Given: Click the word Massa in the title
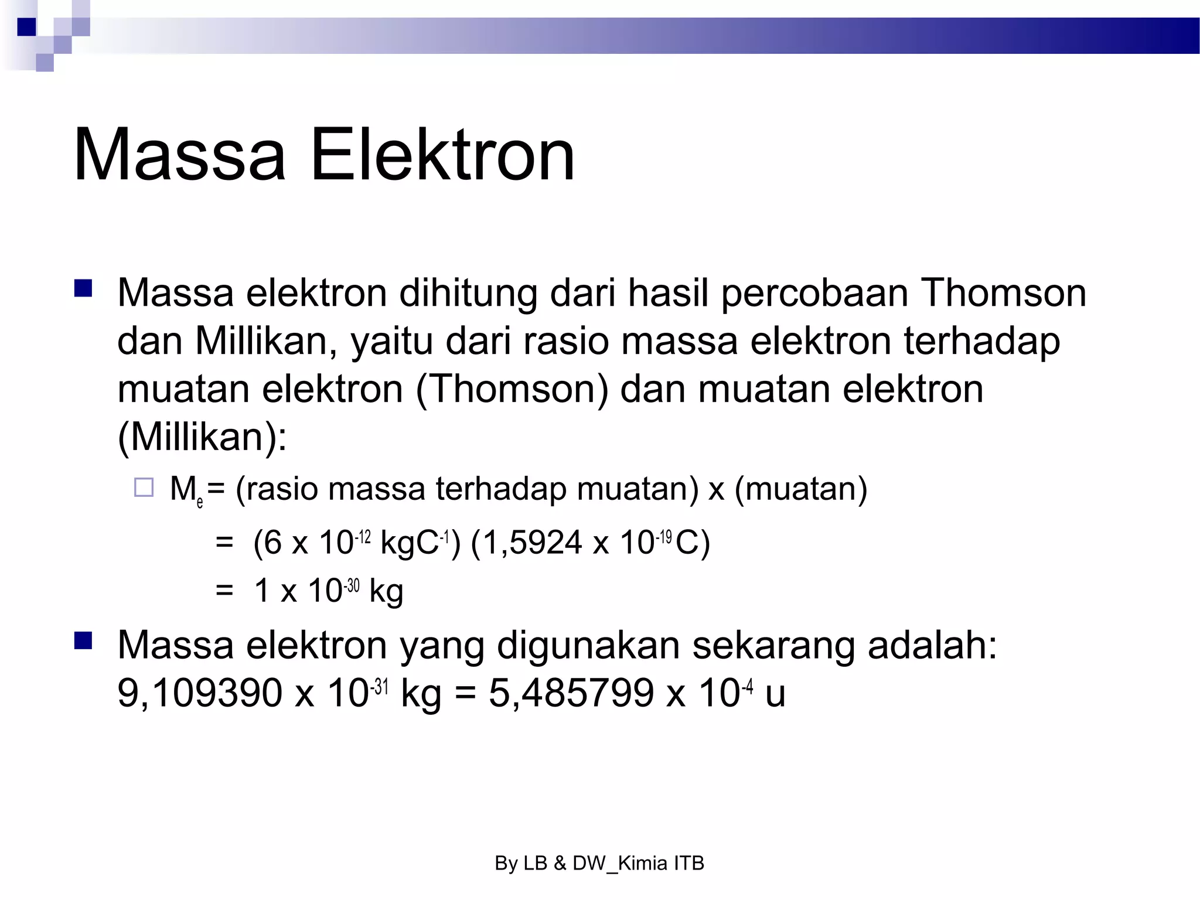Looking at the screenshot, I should (179, 155).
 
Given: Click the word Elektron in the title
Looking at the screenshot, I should (442, 155).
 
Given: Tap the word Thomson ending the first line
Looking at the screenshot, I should (1003, 292).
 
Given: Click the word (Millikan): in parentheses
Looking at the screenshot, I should (202, 437).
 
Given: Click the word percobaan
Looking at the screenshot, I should (814, 292).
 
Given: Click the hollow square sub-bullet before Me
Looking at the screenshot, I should (144, 487).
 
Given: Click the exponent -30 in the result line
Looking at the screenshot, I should (352, 585).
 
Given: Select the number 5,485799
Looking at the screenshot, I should (571, 693).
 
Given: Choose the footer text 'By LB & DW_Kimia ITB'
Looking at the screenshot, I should (599, 863).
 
